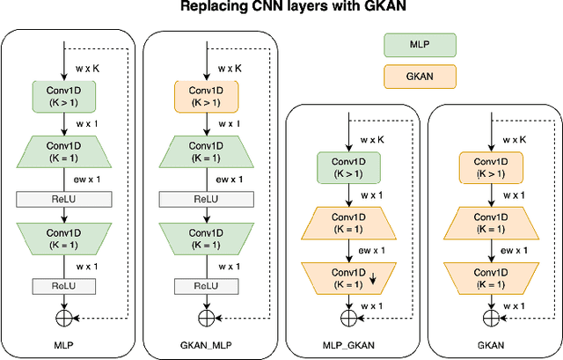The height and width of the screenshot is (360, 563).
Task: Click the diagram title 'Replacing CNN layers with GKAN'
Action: click(x=281, y=8)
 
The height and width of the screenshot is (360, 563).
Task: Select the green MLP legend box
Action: click(x=420, y=44)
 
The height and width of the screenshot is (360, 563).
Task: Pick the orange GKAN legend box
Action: click(x=420, y=78)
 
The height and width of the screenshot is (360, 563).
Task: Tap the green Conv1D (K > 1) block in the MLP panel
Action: click(x=64, y=98)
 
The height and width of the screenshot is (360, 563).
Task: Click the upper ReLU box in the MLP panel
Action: click(x=64, y=199)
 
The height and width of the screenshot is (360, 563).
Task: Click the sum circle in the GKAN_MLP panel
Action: click(x=206, y=316)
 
